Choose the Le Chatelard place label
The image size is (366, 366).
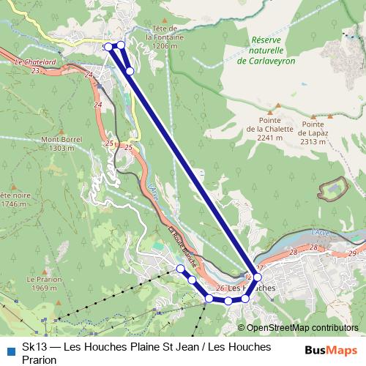point(35,62)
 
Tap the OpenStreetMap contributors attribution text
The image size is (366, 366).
point(302,328)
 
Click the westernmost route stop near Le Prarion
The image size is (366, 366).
point(180,269)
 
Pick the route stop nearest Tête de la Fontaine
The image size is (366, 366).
point(122,46)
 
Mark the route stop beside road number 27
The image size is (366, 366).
point(258,278)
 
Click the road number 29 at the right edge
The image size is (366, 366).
point(352,253)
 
